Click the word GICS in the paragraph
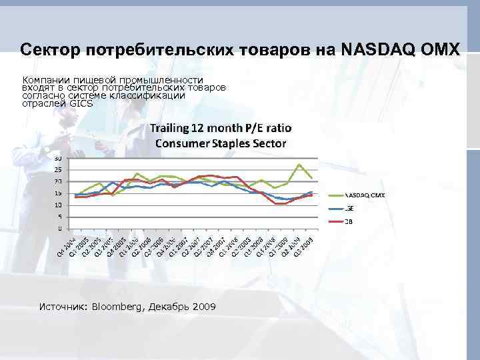(81, 103)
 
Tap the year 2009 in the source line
(204, 307)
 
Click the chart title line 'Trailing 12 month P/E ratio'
(220, 128)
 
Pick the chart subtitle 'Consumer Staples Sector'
(220, 143)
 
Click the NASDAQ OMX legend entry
(364, 195)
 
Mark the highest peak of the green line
(299, 164)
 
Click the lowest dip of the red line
(280, 203)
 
